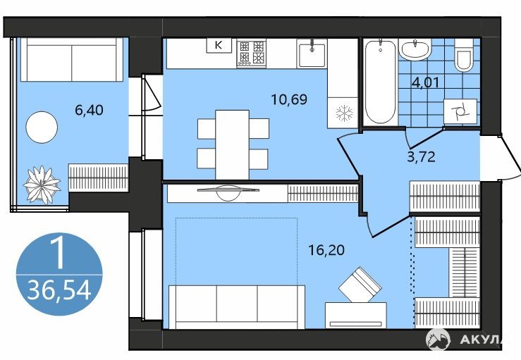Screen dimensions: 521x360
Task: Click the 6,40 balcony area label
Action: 89,110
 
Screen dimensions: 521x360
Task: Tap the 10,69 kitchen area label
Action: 289,99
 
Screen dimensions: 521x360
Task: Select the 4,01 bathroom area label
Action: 426,82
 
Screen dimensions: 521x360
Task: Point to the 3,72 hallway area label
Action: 422,156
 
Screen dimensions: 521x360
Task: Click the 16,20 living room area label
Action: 326,250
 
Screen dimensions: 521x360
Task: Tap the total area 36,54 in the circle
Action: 59,290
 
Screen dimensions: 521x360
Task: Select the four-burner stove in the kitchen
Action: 251,53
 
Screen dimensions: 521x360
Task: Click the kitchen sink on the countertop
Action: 312,53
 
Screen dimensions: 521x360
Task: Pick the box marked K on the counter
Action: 219,45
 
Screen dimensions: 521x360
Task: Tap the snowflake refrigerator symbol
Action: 344,113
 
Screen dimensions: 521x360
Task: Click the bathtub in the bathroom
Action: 381,82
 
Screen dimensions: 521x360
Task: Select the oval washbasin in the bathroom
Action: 415,50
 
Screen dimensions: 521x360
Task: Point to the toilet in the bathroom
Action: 464,56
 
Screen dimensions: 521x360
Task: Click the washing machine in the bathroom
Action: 460,111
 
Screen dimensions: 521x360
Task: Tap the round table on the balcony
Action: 42,128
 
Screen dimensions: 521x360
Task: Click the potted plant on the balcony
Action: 42,185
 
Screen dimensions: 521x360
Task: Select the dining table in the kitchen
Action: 232,145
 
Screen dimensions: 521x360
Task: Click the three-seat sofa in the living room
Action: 237,307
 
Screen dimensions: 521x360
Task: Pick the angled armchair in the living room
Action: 360,285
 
